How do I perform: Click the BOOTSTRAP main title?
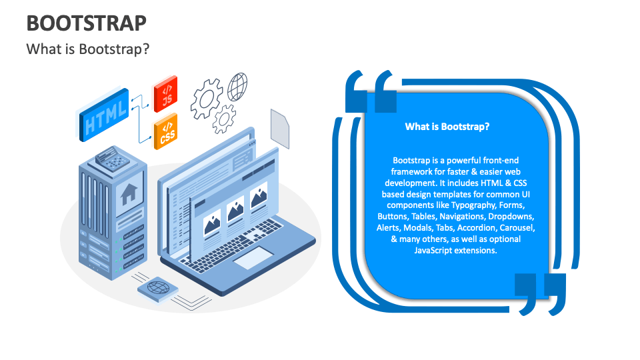point(86,23)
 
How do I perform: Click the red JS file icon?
point(165,93)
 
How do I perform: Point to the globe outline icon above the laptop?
point(238,87)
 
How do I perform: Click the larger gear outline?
point(206,99)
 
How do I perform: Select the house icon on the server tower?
point(129,195)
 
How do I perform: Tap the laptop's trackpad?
point(253,257)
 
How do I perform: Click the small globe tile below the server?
point(159,289)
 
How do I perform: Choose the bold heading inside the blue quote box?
point(447,127)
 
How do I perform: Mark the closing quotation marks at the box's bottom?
point(540,291)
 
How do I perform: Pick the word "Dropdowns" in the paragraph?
point(512,217)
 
